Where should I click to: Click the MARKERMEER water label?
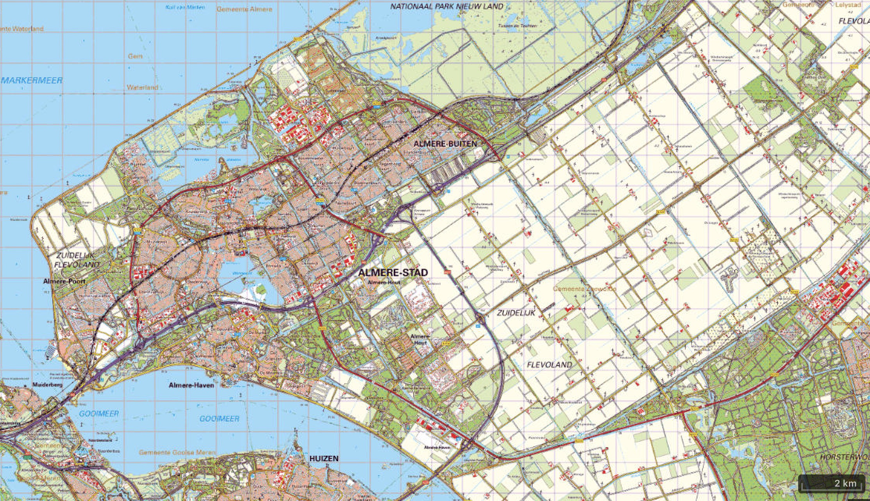click(32, 81)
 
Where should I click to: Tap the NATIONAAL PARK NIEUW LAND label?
click(447, 6)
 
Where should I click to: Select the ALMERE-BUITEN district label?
click(445, 144)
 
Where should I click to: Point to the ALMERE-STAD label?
click(393, 272)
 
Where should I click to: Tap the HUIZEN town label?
click(324, 458)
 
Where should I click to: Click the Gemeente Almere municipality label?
click(244, 9)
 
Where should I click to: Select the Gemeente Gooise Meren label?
click(177, 453)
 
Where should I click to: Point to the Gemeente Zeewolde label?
click(584, 289)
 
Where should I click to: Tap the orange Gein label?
click(135, 56)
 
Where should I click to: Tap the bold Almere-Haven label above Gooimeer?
click(191, 385)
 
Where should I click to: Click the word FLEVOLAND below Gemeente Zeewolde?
click(549, 365)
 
